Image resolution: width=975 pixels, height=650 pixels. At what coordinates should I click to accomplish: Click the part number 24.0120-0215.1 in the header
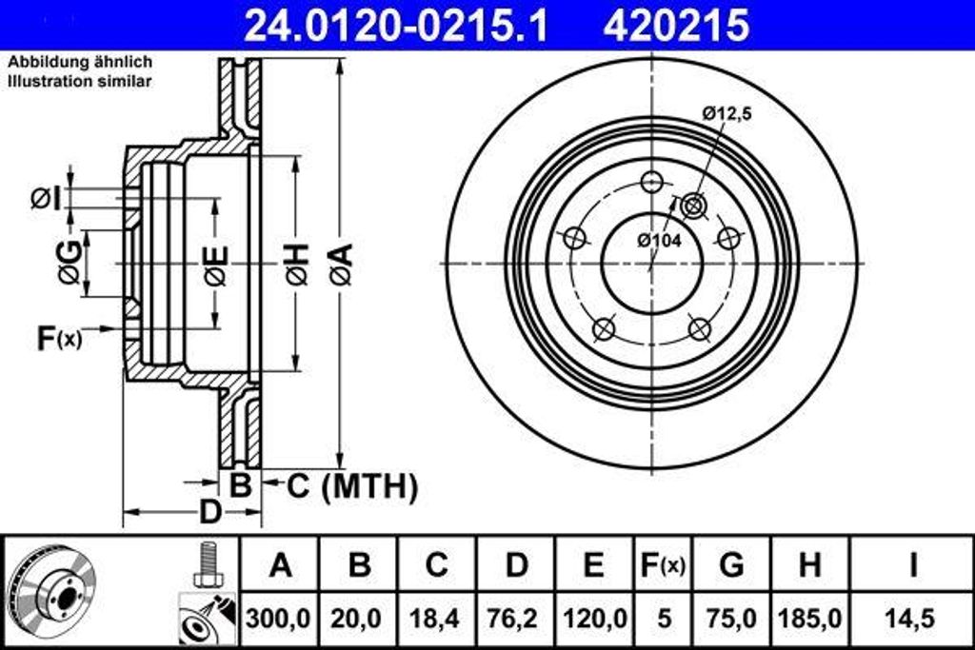tap(396, 26)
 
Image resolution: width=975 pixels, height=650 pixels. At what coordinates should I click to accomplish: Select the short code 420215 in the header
tap(676, 26)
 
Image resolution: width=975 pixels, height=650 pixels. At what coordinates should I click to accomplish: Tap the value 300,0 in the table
tap(280, 618)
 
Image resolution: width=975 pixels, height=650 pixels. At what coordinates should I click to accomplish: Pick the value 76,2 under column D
tap(515, 618)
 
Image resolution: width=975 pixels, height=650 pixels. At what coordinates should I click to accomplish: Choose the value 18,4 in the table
tap(436, 618)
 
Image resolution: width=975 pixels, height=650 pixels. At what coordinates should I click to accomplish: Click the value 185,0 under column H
tap(809, 618)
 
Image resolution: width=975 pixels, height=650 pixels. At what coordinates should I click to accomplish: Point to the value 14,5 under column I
tap(912, 618)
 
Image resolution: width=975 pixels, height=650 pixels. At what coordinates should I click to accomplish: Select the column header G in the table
tap(731, 565)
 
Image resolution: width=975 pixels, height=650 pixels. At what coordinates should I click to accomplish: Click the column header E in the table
tap(593, 565)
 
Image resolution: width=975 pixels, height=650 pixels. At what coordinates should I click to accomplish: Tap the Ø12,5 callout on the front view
tap(727, 113)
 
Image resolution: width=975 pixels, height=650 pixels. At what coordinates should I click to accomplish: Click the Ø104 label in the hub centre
tap(659, 241)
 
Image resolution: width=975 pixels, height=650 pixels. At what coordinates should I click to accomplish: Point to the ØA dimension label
tap(341, 264)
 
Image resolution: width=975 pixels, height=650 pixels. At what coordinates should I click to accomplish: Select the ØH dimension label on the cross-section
tap(296, 264)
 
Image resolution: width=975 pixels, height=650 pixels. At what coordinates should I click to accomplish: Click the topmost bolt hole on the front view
tap(652, 182)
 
